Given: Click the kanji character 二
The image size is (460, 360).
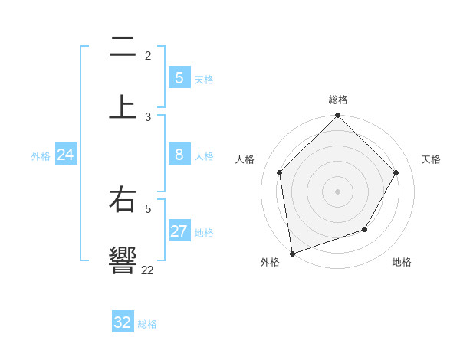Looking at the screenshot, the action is (x=123, y=48).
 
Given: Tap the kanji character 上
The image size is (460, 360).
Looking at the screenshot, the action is (x=123, y=106).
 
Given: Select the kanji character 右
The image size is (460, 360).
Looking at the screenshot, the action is (x=123, y=201).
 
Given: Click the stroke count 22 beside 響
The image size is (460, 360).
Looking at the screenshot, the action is (x=147, y=270).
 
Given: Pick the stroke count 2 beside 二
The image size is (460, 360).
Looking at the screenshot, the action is (x=148, y=56).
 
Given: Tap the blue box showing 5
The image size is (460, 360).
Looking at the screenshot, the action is (x=179, y=78).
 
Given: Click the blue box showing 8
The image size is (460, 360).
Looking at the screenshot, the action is (x=179, y=155).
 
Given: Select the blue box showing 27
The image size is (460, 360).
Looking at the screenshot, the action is (x=179, y=231).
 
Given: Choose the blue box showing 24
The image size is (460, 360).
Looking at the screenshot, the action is (x=66, y=155).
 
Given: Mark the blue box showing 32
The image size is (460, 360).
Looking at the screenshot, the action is (x=123, y=322).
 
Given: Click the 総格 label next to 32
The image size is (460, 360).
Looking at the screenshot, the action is (x=147, y=324).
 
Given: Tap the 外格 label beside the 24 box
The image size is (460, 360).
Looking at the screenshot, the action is (x=41, y=156).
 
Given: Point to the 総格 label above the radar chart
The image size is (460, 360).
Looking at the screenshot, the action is (x=338, y=100).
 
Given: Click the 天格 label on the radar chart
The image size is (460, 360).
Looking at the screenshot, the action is (x=432, y=159).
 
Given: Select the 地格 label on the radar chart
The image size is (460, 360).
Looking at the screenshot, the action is (x=402, y=262).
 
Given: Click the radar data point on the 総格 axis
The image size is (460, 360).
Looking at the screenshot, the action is (x=338, y=116).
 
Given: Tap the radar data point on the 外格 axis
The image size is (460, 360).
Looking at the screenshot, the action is (x=292, y=253).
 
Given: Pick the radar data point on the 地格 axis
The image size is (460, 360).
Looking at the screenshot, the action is (x=365, y=229).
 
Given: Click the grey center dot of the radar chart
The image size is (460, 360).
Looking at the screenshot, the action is (x=338, y=191).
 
